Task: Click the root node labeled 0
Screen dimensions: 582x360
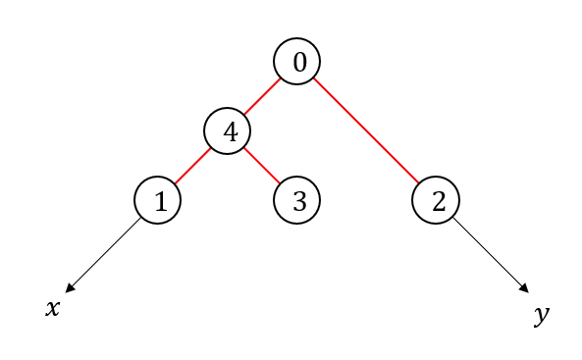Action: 297,61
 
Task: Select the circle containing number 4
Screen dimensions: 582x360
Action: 227,131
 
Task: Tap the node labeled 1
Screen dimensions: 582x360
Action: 157,200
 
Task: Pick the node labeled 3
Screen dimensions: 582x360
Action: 297,200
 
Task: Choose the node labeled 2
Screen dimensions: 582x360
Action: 436,200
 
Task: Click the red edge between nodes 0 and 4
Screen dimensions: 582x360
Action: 262,96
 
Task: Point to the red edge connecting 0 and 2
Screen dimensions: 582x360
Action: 366,130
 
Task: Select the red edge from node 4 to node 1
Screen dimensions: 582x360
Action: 192,166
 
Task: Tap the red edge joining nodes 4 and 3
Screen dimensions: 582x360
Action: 262,166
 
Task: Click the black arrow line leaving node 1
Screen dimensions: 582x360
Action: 103,255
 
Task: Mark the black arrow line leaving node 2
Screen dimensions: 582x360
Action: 491,255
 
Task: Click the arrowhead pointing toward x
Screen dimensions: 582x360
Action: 70,288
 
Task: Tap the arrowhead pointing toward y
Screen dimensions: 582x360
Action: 524,288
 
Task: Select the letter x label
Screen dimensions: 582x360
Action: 52,308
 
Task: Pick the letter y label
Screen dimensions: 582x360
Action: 542,315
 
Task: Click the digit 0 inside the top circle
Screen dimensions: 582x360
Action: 300,62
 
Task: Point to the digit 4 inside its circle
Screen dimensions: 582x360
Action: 231,131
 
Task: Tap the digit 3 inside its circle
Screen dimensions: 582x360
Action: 300,201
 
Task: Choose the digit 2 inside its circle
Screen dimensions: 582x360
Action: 439,201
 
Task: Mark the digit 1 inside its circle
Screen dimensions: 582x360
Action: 161,201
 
